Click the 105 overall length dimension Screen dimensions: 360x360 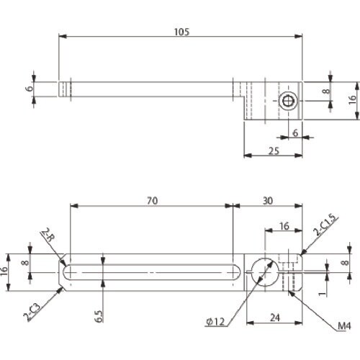pos(181,32)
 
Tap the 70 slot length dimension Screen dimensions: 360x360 pos(153,201)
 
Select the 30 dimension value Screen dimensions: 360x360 pos(268,201)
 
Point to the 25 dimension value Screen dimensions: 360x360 pos(274,151)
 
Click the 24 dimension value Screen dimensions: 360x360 pos(275,318)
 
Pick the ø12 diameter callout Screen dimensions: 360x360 pos(215,322)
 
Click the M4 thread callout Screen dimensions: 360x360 pos(344,325)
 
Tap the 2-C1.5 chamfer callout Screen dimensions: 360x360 pos(325,225)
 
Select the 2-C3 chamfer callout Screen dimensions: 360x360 pos(32,312)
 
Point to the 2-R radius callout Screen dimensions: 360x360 pos(48,235)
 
